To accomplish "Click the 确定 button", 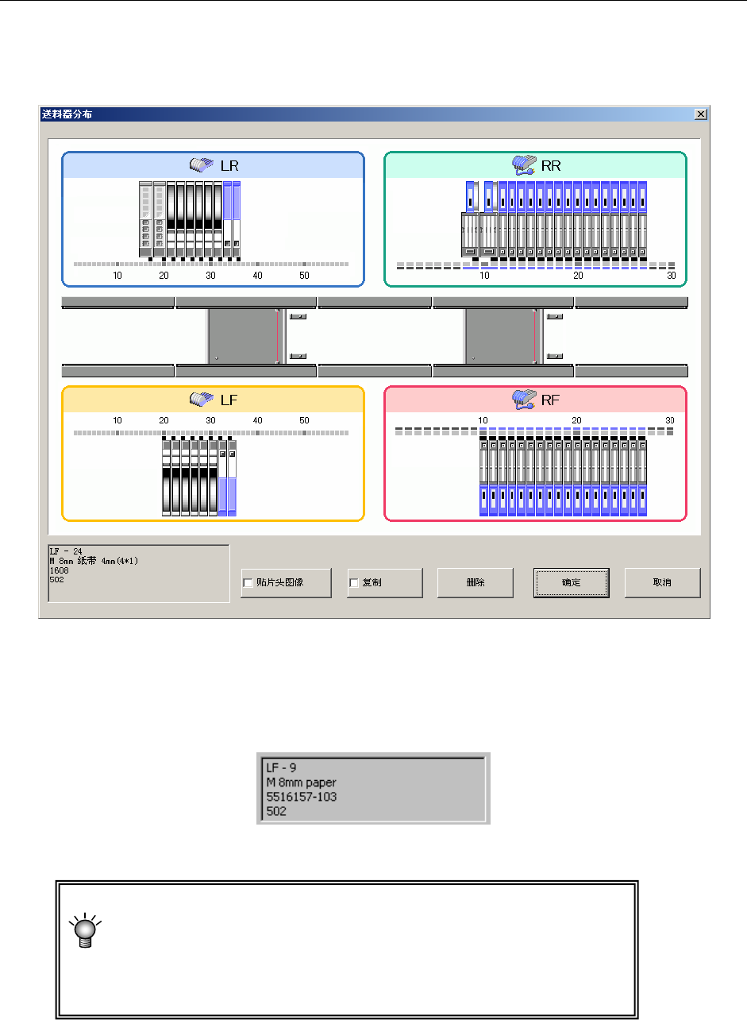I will (571, 582).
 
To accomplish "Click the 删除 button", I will (475, 582).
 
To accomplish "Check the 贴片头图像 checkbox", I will (248, 583).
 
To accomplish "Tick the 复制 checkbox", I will (354, 583).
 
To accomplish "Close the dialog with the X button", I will (700, 114).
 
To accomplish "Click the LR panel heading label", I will (229, 165).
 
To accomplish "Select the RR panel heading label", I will (551, 165).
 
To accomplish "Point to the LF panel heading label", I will (229, 400).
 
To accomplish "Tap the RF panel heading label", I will (551, 400).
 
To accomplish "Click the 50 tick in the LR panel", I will (304, 276).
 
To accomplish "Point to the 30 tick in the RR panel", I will (671, 276).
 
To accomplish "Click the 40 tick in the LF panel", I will (257, 419).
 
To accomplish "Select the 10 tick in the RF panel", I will (482, 419).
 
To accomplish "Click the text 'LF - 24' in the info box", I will (66, 551).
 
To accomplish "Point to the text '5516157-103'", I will (302, 795).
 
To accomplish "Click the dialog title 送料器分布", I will (66, 114).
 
